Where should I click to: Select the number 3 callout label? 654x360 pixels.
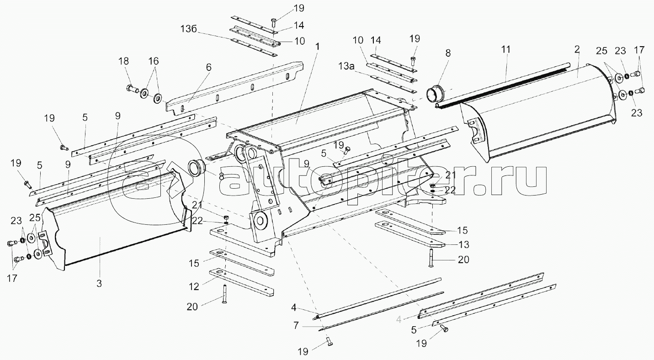click(99, 284)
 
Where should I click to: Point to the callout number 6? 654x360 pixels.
click(208, 67)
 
